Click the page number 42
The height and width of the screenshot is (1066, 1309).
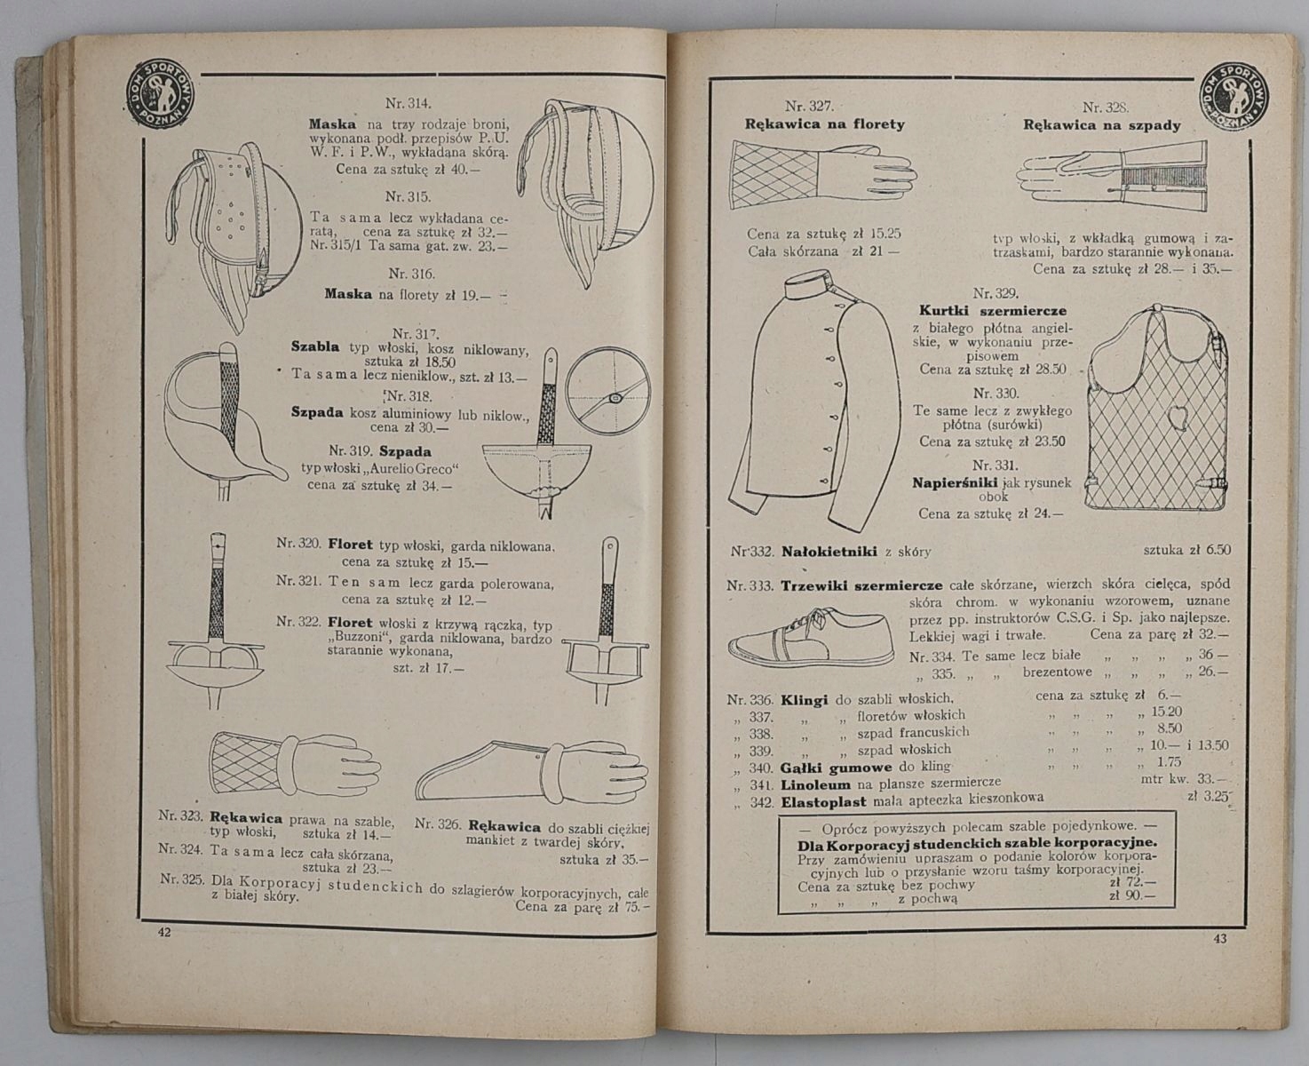click(163, 932)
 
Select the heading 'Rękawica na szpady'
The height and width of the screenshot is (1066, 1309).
click(1102, 125)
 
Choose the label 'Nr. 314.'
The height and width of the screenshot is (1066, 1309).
click(408, 102)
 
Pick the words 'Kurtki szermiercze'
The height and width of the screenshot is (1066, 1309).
click(984, 310)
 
